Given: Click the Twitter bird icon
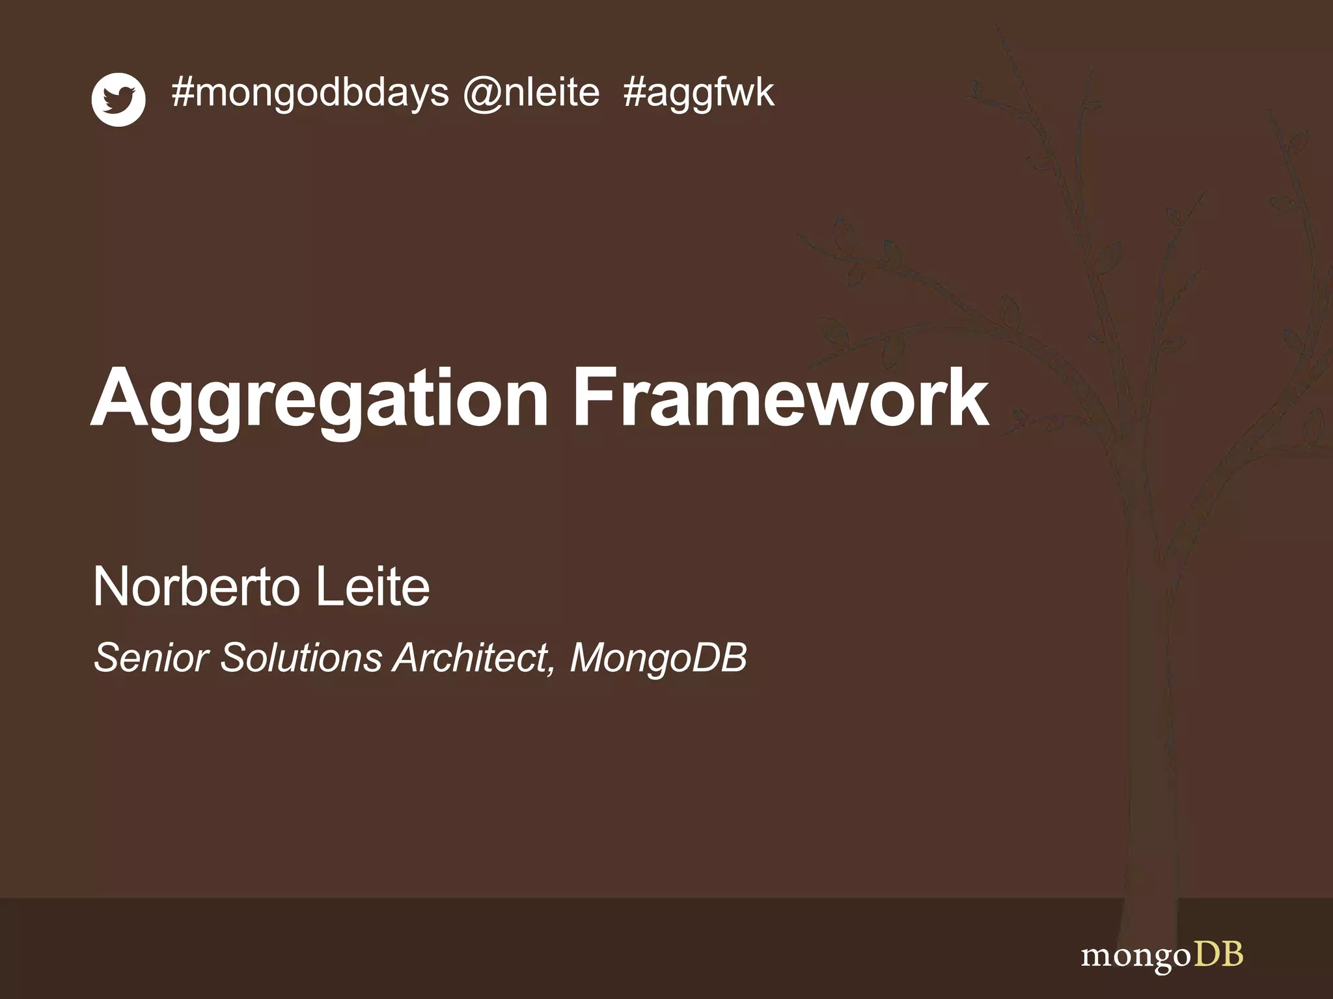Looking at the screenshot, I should point(118,100).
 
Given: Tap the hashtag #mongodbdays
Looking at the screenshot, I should point(310,93).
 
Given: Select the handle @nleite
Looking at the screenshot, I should point(531,93).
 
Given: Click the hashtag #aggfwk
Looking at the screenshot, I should point(698,93).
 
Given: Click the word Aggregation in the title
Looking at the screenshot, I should point(320,398).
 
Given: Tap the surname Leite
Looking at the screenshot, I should point(372,587).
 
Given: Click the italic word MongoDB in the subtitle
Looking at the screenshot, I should point(658,659).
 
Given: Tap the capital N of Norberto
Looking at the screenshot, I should point(112,587).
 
